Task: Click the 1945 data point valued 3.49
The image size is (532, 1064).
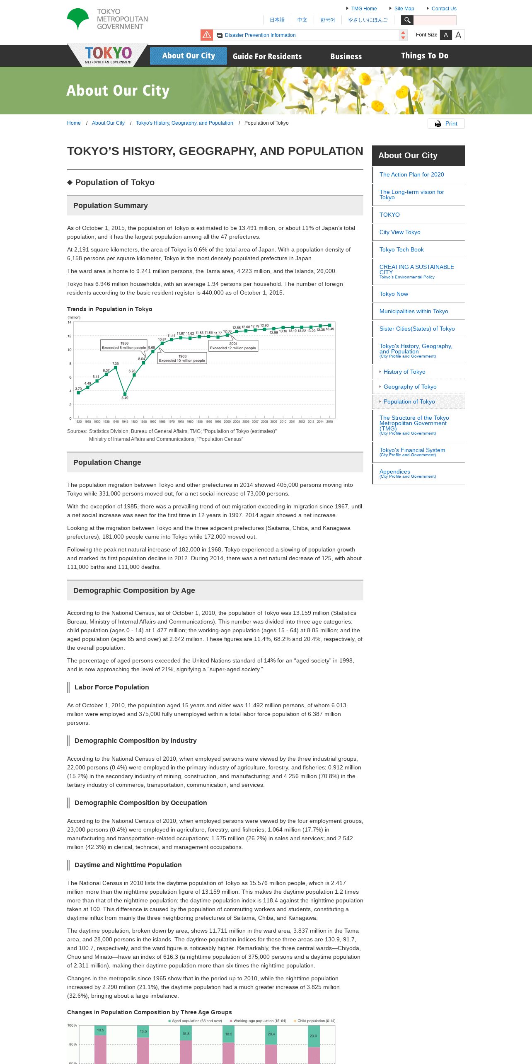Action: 125,394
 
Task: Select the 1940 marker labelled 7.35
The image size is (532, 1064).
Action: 116,368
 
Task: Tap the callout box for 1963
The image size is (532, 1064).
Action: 182,358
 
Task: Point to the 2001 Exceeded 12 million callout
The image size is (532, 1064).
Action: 233,346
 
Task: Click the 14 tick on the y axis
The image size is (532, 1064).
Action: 70,322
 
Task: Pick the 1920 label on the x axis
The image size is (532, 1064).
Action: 78,421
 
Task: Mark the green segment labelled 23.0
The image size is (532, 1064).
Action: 314,1036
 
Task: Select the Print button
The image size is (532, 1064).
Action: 446,124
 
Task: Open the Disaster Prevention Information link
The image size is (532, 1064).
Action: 260,35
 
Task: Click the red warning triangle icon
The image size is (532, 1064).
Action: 207,35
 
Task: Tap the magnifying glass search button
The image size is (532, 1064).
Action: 407,20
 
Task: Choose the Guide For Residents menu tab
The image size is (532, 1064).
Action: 267,56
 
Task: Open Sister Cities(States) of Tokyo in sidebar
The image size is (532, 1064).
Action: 417,329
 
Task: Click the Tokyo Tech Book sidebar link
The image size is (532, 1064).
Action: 401,249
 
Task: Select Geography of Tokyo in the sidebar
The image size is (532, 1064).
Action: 410,387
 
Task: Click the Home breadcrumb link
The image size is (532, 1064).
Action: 74,123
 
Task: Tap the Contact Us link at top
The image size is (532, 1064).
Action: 444,9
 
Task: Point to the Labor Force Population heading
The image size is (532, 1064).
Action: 111,687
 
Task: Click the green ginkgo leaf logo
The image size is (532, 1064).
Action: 78,19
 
